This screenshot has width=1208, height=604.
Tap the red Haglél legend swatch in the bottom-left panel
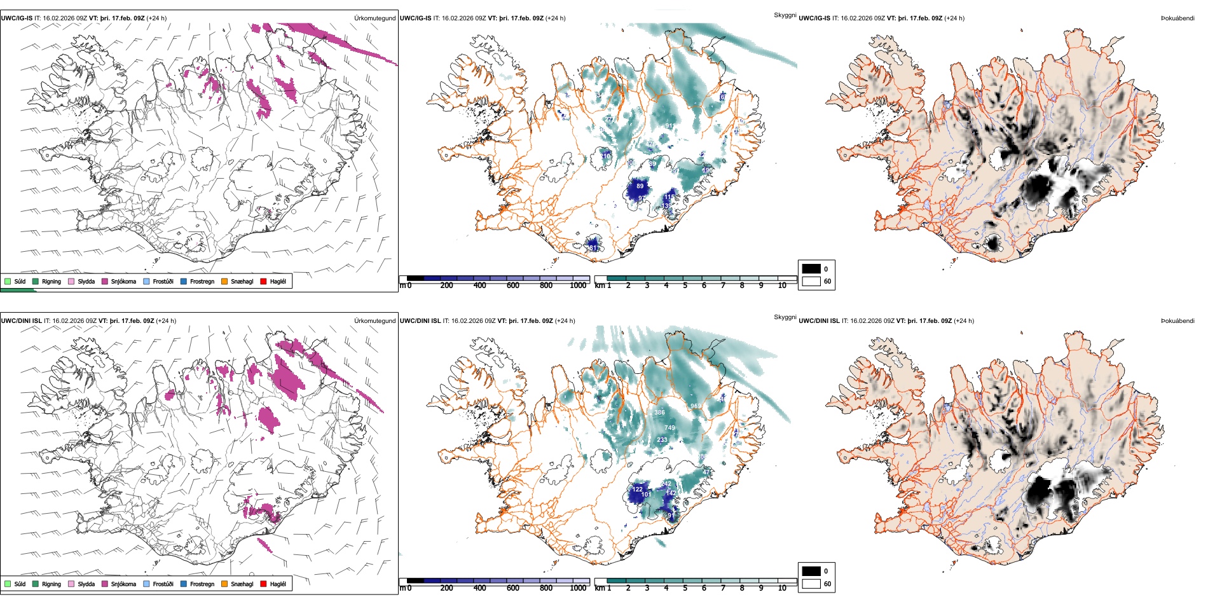click(x=263, y=584)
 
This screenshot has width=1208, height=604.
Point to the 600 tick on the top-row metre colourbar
click(x=513, y=285)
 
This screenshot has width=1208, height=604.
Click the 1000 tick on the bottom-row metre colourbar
click(x=578, y=588)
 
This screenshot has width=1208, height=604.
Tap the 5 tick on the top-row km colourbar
click(x=685, y=285)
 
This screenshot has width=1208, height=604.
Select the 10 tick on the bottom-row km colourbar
click(x=782, y=588)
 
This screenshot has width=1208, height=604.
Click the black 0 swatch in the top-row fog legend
click(x=811, y=269)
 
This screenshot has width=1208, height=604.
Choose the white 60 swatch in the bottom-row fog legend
click(x=811, y=584)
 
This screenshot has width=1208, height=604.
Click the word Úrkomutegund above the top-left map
click(x=374, y=18)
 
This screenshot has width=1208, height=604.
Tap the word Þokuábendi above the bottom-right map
click(x=1177, y=321)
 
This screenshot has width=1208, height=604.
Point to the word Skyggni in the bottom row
click(x=785, y=317)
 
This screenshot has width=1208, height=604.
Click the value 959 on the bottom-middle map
click(x=696, y=406)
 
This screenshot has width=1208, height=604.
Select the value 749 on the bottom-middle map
click(x=669, y=428)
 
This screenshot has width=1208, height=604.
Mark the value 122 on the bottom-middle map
click(x=637, y=490)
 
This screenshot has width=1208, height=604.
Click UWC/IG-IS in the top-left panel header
click(x=17, y=18)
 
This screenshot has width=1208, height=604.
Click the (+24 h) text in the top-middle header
click(x=555, y=18)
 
